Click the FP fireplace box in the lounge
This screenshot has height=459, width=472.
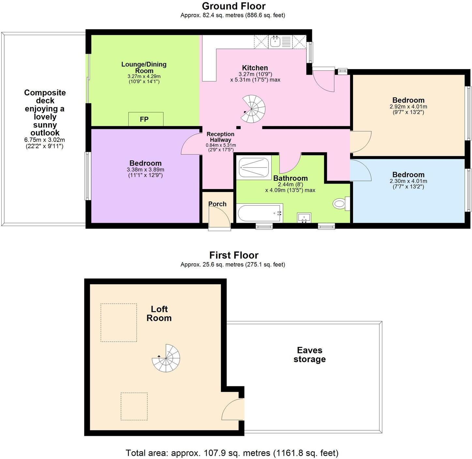146,119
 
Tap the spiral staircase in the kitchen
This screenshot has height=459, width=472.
254,109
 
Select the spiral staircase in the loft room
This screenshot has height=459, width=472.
166,358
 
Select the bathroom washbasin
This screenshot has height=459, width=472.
304,217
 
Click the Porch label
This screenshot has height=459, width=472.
217,204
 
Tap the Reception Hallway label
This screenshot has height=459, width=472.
220,137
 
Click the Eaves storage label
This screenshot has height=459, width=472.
309,355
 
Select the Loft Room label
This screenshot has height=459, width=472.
159,314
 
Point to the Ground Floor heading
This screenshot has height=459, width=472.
233,6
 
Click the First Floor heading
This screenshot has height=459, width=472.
233,255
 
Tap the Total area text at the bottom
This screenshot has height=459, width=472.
232,453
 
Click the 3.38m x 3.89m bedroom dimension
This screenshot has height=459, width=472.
145,170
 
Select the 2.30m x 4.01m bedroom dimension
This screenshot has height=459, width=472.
408,181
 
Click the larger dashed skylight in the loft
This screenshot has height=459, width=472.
119,323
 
